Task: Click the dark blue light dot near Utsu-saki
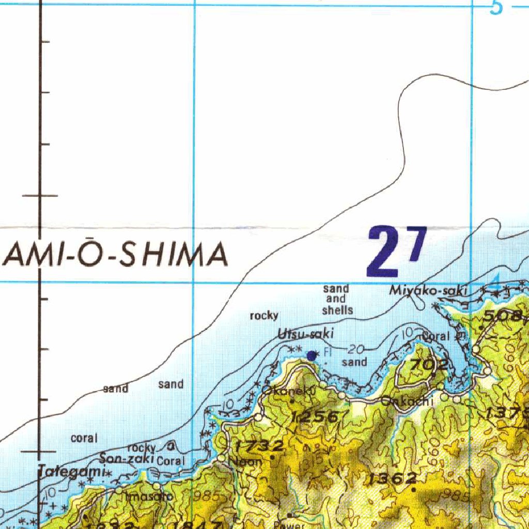coord(312,355)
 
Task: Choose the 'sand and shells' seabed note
coord(336,300)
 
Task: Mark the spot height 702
coord(429,365)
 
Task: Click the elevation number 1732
coord(259,446)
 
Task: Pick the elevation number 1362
coord(393,478)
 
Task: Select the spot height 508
coord(502,316)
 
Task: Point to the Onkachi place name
coord(406,401)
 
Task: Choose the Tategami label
coord(71,471)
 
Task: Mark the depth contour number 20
coord(356,350)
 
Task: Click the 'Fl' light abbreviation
coord(328,353)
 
